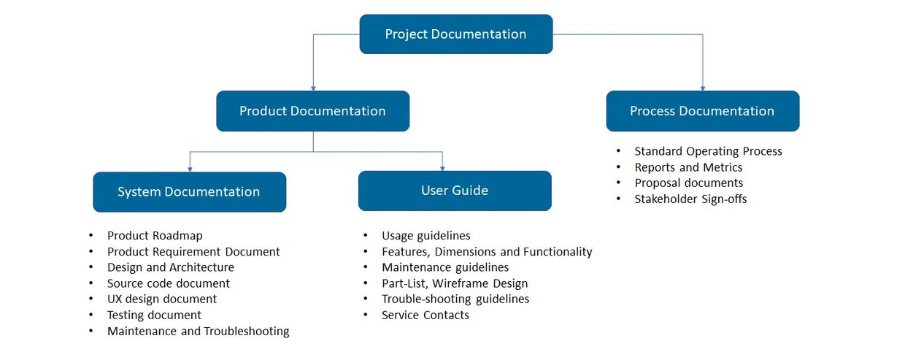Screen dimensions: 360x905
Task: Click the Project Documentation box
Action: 455,34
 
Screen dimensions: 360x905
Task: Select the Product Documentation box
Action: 312,111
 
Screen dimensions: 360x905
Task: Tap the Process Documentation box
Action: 702,111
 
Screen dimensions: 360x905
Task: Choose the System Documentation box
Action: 189,192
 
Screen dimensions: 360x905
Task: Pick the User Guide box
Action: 454,191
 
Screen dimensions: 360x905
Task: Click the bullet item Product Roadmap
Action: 155,236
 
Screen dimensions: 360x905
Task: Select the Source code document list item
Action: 168,283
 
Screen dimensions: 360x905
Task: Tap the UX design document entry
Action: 161,299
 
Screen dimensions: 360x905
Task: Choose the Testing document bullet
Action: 154,315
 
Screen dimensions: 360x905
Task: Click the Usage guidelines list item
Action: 425,236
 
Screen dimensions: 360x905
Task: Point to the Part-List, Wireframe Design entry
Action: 454,283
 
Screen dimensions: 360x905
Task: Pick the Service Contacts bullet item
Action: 425,315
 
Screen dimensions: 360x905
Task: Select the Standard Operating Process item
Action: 708,151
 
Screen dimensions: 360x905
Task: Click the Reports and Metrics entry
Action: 688,167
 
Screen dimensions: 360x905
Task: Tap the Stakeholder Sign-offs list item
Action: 690,199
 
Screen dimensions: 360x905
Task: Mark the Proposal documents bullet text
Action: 688,183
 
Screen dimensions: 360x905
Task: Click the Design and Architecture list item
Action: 170,267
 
